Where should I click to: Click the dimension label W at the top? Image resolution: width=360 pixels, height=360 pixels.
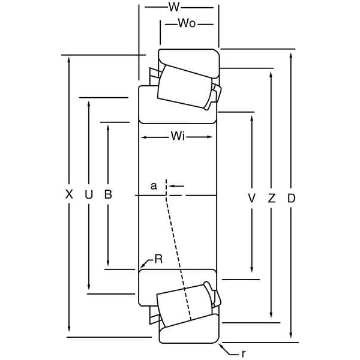[174, 7]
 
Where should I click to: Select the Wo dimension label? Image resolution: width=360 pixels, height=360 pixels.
[187, 23]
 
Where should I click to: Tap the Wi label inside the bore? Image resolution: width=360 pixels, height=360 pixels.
[177, 137]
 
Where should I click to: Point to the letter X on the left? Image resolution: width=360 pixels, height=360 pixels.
[69, 194]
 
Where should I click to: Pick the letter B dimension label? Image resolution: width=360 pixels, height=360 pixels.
[108, 194]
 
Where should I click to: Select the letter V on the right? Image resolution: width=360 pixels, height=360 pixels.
[251, 197]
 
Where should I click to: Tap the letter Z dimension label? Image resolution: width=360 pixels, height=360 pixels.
[271, 197]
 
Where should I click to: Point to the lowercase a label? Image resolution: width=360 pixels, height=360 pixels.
[154, 186]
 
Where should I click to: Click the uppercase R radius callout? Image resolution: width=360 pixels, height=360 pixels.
[158, 259]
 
